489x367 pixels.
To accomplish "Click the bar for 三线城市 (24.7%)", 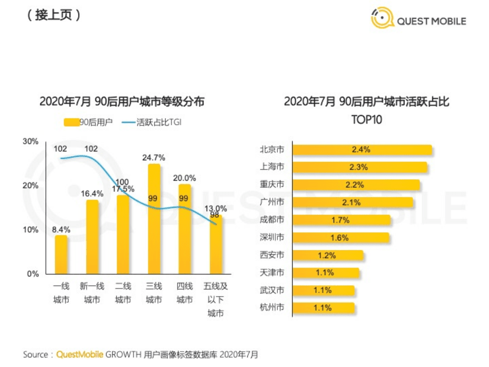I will (x=153, y=219).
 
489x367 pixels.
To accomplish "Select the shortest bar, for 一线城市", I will (x=61, y=254).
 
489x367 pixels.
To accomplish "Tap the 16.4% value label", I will (x=92, y=193).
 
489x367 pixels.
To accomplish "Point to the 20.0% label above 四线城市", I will (x=185, y=178).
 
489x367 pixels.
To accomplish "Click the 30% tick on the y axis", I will (x=31, y=141).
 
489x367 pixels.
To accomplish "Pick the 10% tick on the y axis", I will (x=31, y=230).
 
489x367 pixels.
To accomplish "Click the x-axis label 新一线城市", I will (x=92, y=293).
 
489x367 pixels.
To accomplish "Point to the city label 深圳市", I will (x=272, y=238).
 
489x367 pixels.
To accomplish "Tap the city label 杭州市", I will (x=272, y=308).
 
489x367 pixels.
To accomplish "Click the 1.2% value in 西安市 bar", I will (x=330, y=255).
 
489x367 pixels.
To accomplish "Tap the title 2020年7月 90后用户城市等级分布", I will (x=121, y=102).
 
